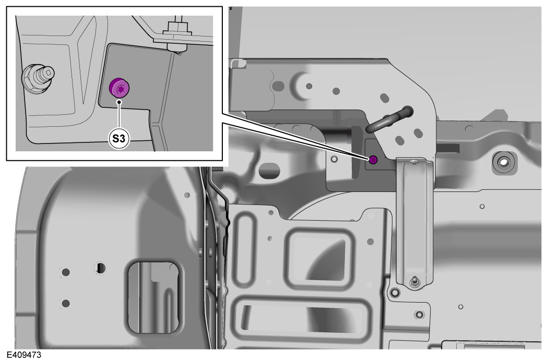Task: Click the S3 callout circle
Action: [x=118, y=139]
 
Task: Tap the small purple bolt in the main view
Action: [x=373, y=160]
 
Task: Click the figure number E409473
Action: [x=24, y=355]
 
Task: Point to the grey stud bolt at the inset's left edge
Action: [x=38, y=78]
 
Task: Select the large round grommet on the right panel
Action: [x=504, y=162]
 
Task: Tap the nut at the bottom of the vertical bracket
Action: [x=415, y=281]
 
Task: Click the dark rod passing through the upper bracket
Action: [x=389, y=120]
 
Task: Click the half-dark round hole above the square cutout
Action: [x=101, y=268]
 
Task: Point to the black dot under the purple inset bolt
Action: [x=119, y=102]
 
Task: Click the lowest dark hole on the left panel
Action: [x=66, y=303]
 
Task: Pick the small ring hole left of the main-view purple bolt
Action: [x=334, y=159]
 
